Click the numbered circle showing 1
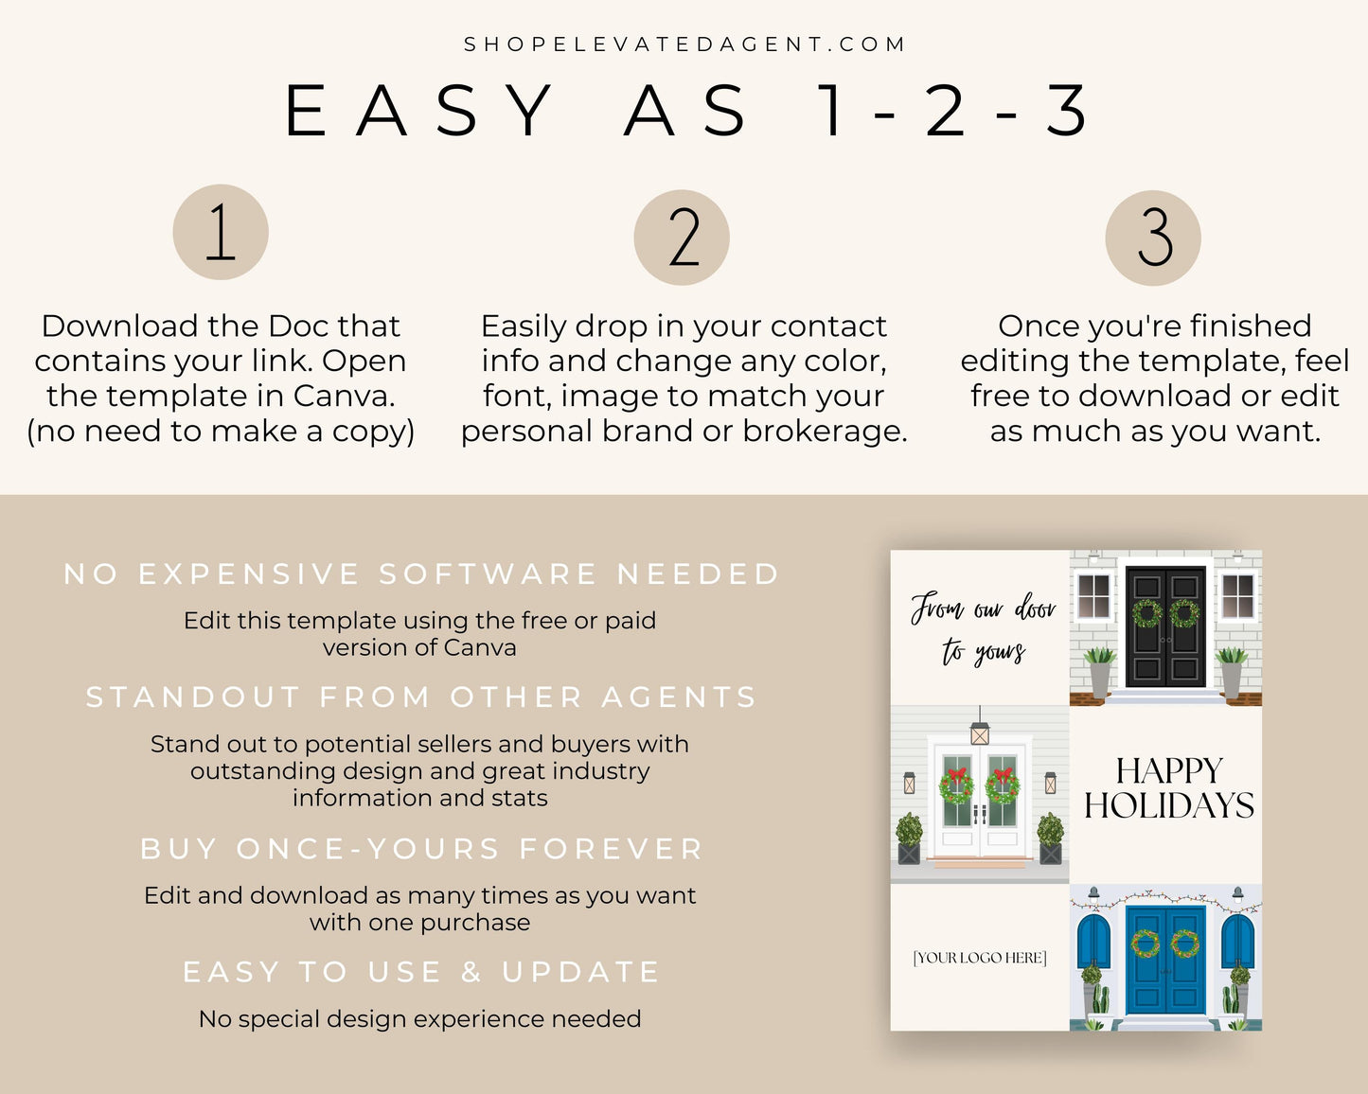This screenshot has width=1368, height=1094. tap(221, 232)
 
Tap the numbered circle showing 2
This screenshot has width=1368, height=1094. tap(682, 238)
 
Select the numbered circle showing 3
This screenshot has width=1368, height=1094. tap(1153, 238)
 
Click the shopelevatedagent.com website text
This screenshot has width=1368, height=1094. tap(684, 44)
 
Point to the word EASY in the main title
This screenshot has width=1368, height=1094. tap(418, 111)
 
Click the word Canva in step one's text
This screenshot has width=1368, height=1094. tap(344, 396)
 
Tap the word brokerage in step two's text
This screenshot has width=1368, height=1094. tap(825, 432)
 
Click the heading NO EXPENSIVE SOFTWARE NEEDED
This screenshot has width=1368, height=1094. tap(421, 574)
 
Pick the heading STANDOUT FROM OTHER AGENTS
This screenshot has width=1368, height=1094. tap(421, 697)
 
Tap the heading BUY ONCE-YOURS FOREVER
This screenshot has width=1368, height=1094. tap(421, 849)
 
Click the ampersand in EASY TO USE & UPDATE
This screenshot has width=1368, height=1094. tap(471, 971)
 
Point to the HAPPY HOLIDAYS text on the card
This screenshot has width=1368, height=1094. tap(1169, 788)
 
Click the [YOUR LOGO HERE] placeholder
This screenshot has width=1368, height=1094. tap(980, 958)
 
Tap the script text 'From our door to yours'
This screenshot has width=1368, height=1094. tap(983, 628)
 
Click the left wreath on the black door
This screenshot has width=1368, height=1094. tap(1146, 613)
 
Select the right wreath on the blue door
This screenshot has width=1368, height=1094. tap(1185, 944)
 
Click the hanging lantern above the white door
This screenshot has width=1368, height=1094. tap(980, 731)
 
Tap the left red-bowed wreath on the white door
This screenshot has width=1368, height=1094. tap(956, 785)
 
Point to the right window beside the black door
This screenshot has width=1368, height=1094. tap(1238, 596)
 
